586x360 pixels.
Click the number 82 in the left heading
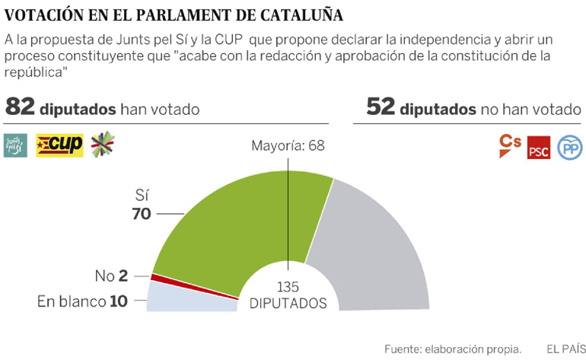pos(20,108)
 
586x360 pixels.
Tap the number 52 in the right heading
pos(381,108)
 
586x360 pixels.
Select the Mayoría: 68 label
pos(288,144)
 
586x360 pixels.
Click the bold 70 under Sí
pos(142,215)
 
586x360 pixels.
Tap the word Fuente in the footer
pos(404,348)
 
